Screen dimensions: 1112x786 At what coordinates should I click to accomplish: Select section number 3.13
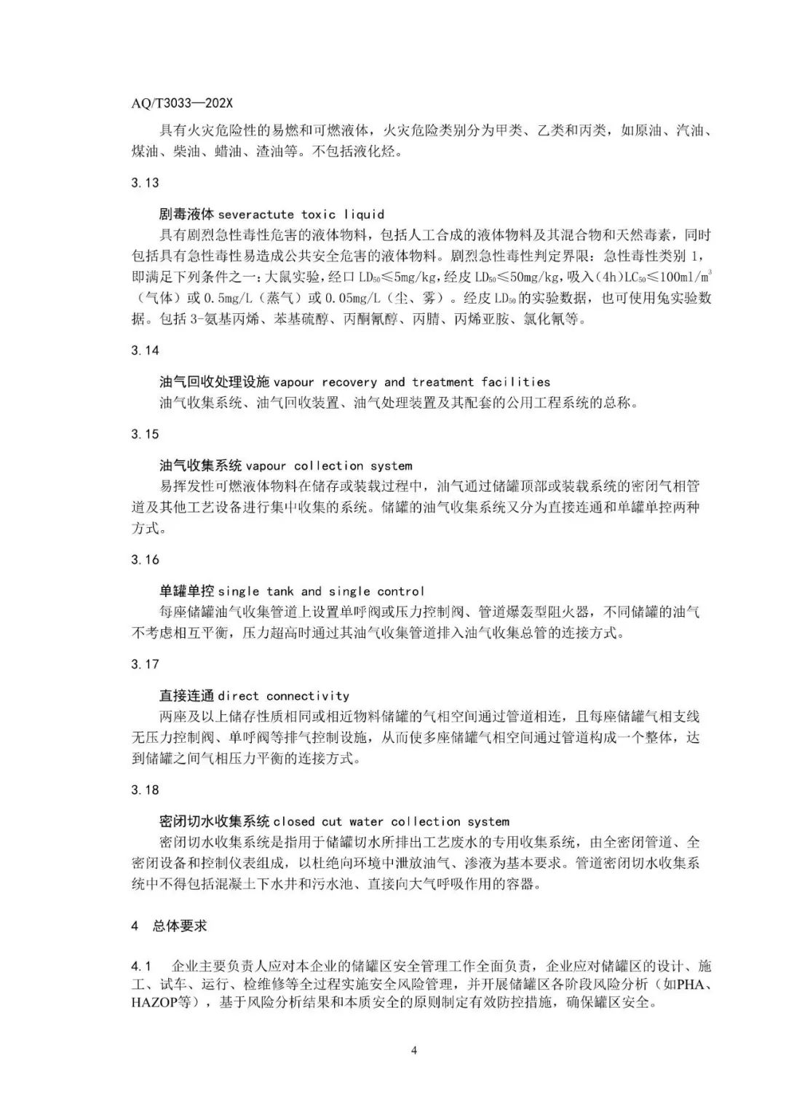pos(145,183)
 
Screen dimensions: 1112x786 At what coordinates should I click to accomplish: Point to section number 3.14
pos(145,350)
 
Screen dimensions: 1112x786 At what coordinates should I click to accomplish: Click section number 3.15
pos(145,434)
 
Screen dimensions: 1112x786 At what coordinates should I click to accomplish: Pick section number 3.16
pos(145,560)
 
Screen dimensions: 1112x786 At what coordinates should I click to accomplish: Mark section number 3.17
pos(145,664)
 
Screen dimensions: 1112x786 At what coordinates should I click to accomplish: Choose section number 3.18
pos(145,790)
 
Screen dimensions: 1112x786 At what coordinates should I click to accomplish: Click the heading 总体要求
pos(180,926)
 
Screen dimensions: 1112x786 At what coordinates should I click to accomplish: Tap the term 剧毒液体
pos(187,215)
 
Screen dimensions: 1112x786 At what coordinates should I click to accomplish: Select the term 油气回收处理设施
pos(215,382)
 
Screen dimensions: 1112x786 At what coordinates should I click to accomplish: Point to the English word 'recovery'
pos(349,382)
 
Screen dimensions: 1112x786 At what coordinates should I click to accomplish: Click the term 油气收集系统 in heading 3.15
pos(201,465)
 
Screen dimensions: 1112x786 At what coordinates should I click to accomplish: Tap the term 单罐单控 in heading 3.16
pos(187,591)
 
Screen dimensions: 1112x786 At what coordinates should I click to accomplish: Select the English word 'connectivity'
pos(308,696)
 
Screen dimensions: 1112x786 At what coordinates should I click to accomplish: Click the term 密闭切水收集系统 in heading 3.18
pos(215,821)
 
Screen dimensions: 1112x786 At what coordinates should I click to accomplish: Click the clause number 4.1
pos(140,967)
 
